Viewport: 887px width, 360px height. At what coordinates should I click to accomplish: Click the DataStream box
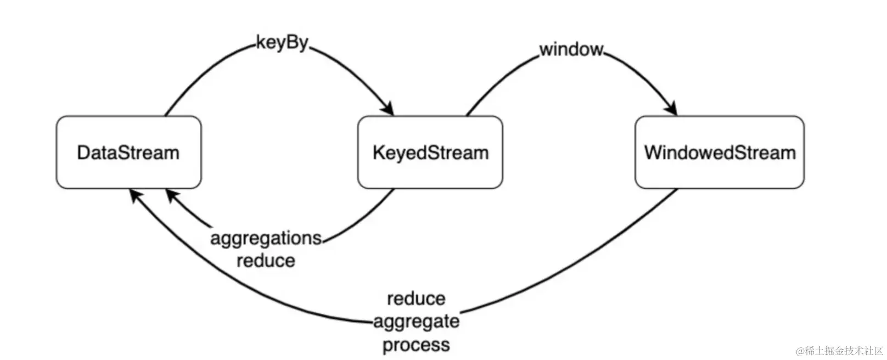[128, 152]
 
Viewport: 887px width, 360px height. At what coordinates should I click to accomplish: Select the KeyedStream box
[430, 152]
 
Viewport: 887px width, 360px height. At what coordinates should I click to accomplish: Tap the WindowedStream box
[719, 152]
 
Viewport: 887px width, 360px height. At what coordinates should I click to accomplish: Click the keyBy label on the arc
[282, 43]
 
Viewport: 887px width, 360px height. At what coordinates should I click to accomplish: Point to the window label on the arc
[571, 49]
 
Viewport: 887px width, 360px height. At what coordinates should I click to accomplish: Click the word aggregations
[266, 238]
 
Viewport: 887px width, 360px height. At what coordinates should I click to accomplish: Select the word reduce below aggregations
[266, 260]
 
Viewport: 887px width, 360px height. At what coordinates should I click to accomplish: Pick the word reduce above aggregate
[416, 299]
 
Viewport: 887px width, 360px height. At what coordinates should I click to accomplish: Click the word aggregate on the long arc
[416, 322]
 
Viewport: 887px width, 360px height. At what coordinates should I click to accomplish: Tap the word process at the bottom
[416, 345]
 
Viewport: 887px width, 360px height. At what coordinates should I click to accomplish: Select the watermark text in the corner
[840, 351]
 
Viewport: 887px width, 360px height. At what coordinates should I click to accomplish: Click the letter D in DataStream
[83, 152]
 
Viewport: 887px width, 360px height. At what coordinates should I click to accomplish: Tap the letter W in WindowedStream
[653, 152]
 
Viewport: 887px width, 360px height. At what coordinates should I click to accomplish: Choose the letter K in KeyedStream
[378, 152]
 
